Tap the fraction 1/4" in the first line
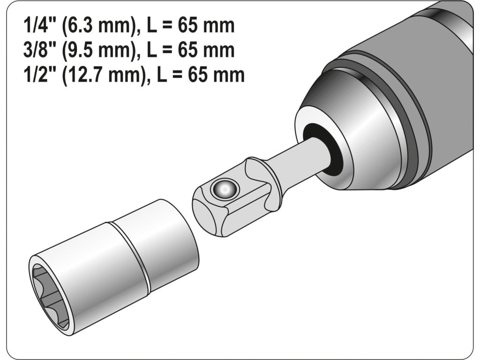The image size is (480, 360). pos(35,25)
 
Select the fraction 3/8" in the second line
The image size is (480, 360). pos(35,50)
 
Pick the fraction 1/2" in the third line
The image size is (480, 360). pos(35,75)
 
